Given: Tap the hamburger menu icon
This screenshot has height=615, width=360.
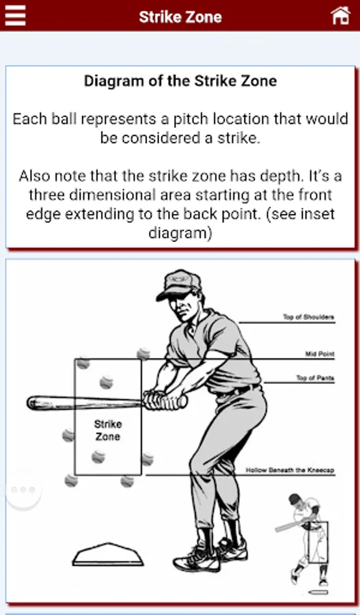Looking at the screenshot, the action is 15,16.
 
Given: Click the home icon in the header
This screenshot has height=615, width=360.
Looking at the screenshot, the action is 340,16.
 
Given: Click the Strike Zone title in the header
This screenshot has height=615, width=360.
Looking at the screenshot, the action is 180,17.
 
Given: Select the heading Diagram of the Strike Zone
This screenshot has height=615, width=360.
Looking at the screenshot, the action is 180,81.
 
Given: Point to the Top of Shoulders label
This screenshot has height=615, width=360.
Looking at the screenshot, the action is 309,317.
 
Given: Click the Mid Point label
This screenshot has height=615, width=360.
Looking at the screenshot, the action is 320,354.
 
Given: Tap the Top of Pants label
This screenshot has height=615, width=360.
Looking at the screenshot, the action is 315,378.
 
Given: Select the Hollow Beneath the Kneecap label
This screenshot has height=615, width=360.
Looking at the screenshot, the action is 290,470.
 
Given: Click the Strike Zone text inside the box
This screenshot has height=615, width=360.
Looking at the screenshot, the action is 108,430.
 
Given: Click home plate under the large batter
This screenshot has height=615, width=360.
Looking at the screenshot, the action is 108,554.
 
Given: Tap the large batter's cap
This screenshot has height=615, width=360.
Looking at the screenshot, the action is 179,284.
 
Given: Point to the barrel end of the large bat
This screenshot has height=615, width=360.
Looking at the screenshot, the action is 31,402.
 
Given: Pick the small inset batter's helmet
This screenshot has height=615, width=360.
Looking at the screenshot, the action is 295,500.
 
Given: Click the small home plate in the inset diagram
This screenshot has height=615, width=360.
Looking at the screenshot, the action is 318,592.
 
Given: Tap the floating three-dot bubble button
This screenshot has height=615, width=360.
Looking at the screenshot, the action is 23,489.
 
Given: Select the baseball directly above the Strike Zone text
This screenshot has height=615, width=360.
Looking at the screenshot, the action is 107,382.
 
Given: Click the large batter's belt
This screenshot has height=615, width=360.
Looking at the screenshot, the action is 238,390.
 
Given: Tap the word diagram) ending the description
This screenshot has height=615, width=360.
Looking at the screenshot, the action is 180,233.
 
